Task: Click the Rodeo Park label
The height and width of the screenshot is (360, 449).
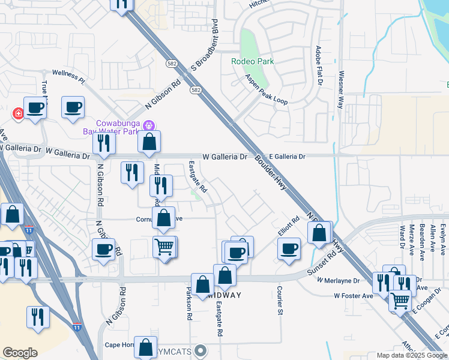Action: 253,61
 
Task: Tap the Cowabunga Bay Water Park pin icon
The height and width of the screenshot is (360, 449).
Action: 149,125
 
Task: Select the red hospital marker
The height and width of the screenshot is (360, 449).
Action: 19,113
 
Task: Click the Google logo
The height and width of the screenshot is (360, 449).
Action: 20,353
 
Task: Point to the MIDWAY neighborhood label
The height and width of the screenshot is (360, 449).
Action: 224,295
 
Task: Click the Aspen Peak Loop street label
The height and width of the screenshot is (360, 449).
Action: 267,89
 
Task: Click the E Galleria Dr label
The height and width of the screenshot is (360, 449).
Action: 287,156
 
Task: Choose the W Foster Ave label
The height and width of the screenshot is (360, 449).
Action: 354,296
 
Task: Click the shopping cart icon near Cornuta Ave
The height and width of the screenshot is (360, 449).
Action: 164,246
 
